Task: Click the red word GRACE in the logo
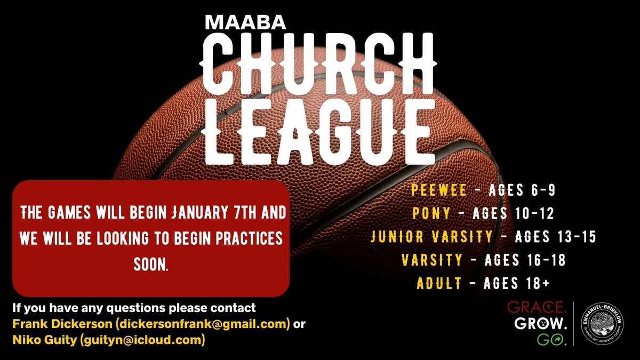(535, 308)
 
